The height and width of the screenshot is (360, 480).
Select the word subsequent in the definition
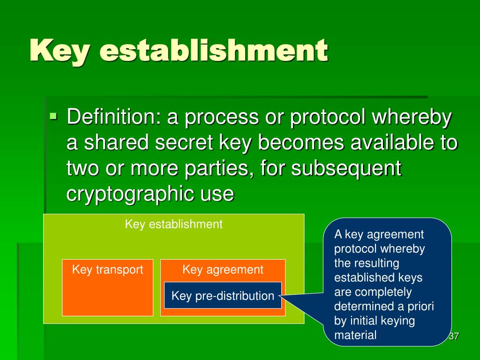point(346,168)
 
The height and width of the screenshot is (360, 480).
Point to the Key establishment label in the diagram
point(173,224)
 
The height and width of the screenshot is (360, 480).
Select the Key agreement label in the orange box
point(223,270)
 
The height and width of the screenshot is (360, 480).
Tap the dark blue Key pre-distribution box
point(223,296)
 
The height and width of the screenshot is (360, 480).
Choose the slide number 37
point(453,336)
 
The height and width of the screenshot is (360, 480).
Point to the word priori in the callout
point(422,307)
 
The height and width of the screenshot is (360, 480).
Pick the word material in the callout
point(355,335)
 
